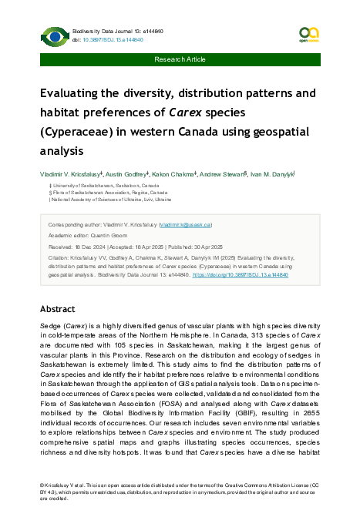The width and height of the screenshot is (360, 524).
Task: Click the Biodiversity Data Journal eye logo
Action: (55, 35)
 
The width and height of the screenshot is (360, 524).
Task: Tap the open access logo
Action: (308, 34)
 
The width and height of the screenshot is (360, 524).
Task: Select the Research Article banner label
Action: (180, 59)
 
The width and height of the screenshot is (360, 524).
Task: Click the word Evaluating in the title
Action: (75, 94)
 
